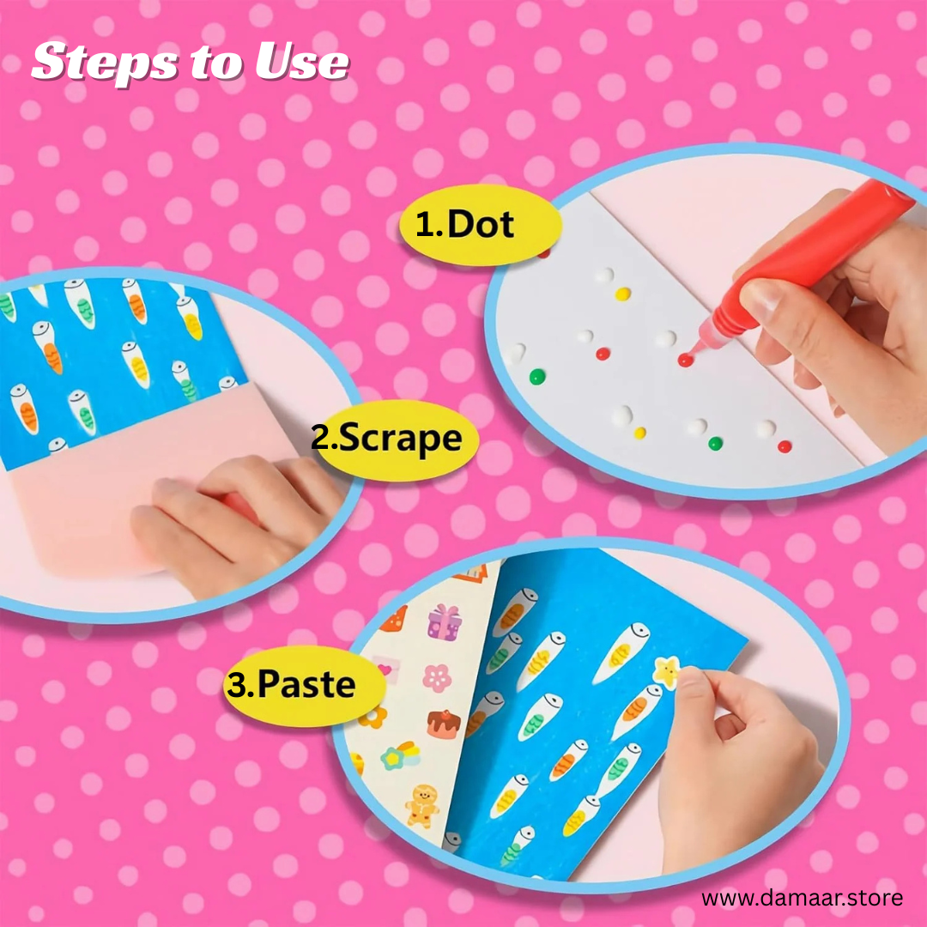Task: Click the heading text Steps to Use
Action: (191, 62)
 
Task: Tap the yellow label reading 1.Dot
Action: (480, 225)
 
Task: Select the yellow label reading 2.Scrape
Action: (394, 439)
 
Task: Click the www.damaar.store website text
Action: (803, 898)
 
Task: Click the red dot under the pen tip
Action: (685, 360)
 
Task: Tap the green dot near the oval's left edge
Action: (536, 377)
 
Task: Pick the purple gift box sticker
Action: (445, 623)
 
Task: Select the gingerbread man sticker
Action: (422, 805)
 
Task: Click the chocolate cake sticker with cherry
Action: (444, 724)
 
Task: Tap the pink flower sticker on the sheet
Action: (437, 678)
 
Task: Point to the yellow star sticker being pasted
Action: (666, 672)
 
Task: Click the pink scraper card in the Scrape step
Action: (148, 473)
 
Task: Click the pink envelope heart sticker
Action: (386, 669)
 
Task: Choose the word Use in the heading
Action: (302, 62)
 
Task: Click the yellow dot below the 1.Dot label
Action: (622, 294)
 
